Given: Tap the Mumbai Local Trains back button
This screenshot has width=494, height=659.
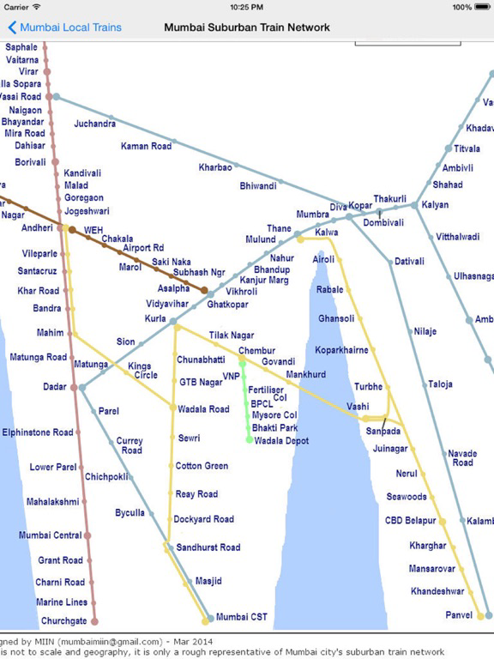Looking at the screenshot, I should click(x=64, y=27).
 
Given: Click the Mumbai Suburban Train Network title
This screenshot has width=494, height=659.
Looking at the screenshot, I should click(x=247, y=27).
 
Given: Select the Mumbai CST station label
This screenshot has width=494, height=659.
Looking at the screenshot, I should click(x=243, y=617).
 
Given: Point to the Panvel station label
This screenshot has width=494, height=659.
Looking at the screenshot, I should click(x=459, y=615).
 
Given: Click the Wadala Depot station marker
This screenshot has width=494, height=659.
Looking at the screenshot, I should click(x=250, y=440).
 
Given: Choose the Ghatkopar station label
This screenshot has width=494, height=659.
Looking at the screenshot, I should click(x=227, y=305).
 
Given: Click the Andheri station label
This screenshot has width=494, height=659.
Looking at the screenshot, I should click(x=37, y=228).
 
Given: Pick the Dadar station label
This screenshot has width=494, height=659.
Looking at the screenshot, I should click(x=55, y=387).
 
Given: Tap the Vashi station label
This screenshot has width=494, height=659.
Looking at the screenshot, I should click(x=358, y=406).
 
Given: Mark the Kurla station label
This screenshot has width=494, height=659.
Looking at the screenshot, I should click(x=155, y=318).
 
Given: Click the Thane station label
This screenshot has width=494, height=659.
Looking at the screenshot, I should click(x=279, y=228).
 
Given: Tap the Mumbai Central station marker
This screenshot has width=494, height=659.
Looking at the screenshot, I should click(x=87, y=535).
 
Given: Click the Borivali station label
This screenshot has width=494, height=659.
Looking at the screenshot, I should click(x=31, y=161).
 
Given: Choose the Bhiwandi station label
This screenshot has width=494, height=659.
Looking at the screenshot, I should click(x=258, y=185).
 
